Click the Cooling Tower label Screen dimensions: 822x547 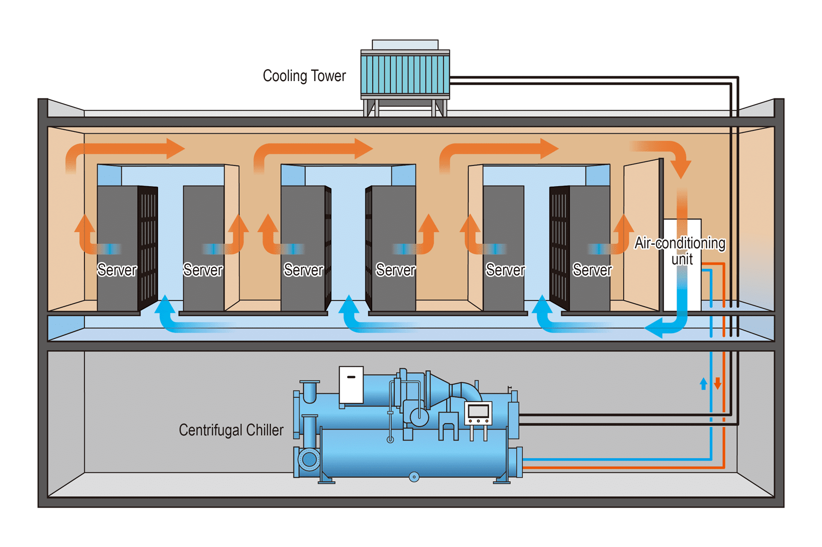(304, 76)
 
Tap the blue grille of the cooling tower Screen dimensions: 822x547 (405, 74)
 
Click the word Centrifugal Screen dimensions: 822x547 (210, 430)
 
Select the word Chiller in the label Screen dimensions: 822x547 (265, 430)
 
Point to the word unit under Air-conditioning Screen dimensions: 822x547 (682, 259)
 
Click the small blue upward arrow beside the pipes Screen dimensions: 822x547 (703, 383)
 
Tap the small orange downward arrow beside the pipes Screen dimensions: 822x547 (718, 383)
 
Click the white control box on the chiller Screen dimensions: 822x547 (351, 385)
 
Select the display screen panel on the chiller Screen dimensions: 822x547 (478, 413)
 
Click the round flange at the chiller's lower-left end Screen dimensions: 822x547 (309, 459)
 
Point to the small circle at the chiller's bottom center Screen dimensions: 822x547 (414, 477)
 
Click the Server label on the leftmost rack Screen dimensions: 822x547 (117, 270)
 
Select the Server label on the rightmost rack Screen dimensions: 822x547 (592, 270)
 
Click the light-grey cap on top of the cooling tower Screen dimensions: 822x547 (405, 45)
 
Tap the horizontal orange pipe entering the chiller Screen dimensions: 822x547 (623, 468)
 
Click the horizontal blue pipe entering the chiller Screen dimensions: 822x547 (616, 459)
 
